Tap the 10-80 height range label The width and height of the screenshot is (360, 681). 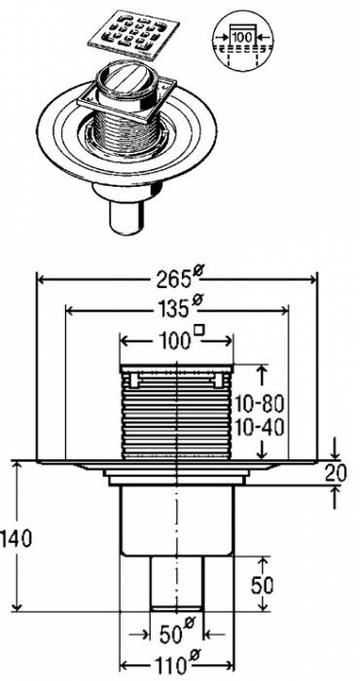tap(260, 405)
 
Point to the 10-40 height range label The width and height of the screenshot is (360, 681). tap(260, 427)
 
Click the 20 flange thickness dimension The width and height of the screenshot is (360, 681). tap(336, 474)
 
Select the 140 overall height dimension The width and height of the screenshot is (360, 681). tap(17, 539)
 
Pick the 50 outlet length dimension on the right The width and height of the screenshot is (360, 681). tap(263, 586)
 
